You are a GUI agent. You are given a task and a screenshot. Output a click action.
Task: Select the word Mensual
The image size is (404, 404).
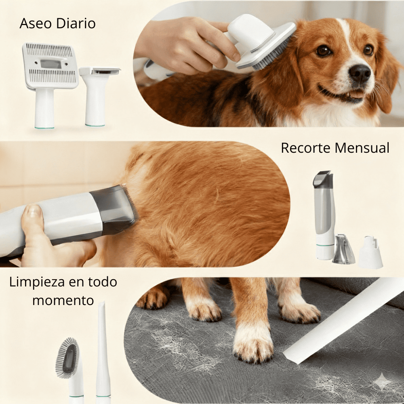[x=364, y=148]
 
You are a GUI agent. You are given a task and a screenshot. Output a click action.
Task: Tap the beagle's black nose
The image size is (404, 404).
[x=360, y=73]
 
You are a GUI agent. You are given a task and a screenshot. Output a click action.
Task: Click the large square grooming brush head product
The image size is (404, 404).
[x=50, y=67]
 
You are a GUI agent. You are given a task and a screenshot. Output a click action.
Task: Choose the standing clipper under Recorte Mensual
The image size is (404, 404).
[x=324, y=214]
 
